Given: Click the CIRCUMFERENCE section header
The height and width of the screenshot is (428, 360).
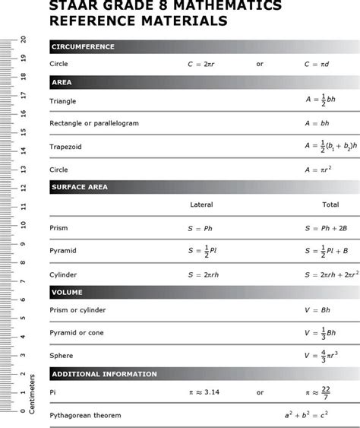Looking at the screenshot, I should point(82,46).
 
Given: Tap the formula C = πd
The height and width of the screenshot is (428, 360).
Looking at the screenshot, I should point(318,64).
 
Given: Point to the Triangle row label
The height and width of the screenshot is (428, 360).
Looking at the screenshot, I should point(63,101).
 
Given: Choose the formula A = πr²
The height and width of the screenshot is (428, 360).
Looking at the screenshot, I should point(318,170).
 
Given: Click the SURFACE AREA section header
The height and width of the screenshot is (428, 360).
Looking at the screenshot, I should point(79,186).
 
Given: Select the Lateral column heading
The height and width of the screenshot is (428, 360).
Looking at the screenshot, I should point(201,204).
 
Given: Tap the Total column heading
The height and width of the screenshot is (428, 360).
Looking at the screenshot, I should point(330,204).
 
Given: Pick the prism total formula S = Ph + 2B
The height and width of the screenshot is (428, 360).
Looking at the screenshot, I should point(326,228).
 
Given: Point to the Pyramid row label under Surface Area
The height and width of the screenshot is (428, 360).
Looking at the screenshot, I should point(63,250).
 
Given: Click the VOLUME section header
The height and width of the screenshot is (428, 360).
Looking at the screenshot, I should point(67,292).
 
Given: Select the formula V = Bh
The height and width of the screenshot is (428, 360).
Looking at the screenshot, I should point(317,310).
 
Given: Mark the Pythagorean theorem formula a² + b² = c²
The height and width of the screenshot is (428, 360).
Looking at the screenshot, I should point(307,415).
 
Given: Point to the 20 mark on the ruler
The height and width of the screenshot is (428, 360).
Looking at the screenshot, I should point(24,40).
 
